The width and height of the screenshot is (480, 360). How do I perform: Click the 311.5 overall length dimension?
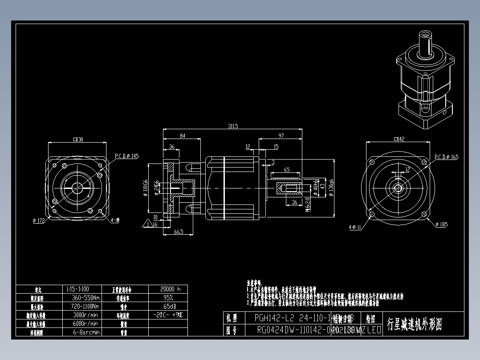pyautogui.click(x=233, y=127)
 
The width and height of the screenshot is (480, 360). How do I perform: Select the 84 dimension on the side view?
pyautogui.click(x=183, y=135)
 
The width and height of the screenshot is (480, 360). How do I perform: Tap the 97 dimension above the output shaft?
pyautogui.click(x=281, y=135)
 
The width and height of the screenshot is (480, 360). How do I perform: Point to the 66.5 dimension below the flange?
pyautogui.click(x=179, y=232)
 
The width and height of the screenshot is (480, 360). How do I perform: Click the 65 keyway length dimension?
pyautogui.click(x=287, y=170)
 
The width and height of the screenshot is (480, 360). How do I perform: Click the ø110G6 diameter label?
pyautogui.click(x=145, y=188)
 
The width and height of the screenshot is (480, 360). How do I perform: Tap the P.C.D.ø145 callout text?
pyautogui.click(x=126, y=156)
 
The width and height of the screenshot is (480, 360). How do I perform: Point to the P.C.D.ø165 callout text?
pyautogui.click(x=446, y=157)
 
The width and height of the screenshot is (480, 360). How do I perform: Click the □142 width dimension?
pyautogui.click(x=399, y=139)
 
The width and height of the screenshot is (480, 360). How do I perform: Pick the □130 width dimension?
pyautogui.click(x=78, y=139)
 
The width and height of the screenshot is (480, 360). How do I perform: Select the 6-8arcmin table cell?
pyautogui.click(x=86, y=332)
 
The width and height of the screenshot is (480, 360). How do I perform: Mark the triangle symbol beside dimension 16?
pyautogui.click(x=146, y=224)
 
